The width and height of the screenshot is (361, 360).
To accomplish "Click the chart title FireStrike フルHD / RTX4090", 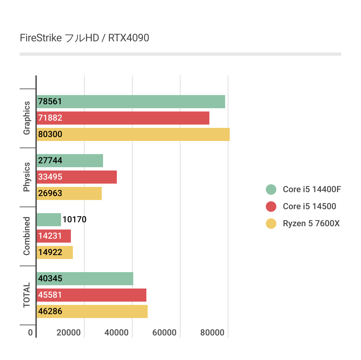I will click(84, 38).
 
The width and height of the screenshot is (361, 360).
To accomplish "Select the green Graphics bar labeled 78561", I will click(131, 102).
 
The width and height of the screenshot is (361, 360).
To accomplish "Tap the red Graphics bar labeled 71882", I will click(123, 118).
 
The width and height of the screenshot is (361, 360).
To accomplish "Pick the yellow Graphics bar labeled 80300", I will click(133, 134).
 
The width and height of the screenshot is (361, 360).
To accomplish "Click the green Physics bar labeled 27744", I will click(70, 161).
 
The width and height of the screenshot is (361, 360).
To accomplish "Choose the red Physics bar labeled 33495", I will click(76, 177).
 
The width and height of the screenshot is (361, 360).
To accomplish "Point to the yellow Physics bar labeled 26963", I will click(69, 193).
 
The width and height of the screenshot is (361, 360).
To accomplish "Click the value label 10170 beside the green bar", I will click(74, 219).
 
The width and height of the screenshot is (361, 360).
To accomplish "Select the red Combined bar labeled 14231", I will click(53, 236).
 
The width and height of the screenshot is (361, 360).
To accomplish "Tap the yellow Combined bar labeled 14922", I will click(54, 252).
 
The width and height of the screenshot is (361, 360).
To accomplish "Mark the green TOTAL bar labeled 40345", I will click(85, 279).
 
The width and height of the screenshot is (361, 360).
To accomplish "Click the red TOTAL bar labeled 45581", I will click(91, 295).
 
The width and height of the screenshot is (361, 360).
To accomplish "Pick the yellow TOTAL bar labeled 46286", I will click(92, 311).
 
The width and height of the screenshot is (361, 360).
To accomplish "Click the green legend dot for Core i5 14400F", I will click(271, 190).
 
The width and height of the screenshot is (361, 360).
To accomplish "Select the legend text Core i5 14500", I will click(309, 207).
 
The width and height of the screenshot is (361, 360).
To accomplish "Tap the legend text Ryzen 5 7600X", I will click(311, 224).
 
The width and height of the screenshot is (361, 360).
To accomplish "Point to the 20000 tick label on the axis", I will click(69, 332).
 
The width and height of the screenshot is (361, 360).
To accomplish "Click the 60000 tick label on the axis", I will click(164, 332).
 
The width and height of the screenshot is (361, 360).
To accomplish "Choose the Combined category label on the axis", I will click(27, 236).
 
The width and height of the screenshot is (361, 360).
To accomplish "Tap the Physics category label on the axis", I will click(27, 177).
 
